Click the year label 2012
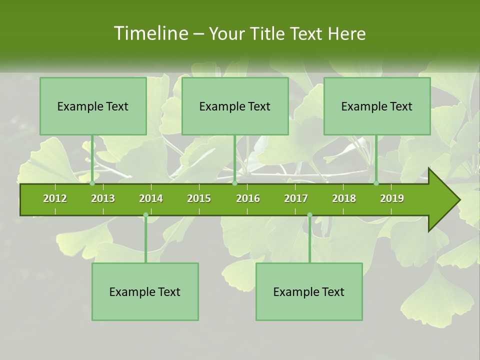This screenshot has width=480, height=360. pos(55,198)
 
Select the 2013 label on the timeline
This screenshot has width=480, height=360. pos(103,198)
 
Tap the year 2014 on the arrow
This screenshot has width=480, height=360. pos(151,198)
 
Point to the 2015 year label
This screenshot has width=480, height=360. pos(199,198)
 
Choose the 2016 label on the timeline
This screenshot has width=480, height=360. pos(248,198)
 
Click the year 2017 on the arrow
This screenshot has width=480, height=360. pos(296,198)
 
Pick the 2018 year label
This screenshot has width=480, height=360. pos(344,198)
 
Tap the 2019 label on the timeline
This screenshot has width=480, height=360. pos(392,198)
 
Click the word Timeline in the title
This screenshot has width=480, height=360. pos(150,33)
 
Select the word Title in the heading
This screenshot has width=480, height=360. pos(270,33)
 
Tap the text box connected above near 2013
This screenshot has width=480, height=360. pos(93,106)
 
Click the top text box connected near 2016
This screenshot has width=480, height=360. pos(235,106)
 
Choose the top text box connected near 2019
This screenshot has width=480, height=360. pos(377,106)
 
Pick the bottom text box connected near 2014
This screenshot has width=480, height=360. pos(145,291)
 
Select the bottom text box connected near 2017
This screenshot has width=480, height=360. pos(309,291)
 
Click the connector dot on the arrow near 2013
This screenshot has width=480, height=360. pos(92,183)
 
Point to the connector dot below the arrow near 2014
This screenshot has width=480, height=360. pos(145,215)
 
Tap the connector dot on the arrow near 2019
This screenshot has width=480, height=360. pos(376,183)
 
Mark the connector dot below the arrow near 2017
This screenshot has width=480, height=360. pos(309,215)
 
